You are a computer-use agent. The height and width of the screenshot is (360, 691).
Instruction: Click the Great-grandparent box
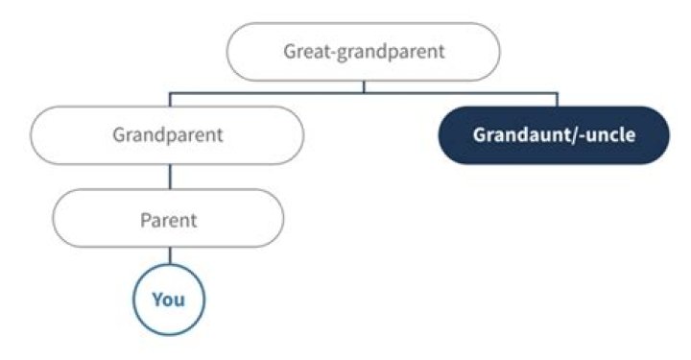click(363, 51)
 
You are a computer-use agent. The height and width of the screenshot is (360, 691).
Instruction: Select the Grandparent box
click(169, 134)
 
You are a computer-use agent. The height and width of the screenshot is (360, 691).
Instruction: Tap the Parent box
click(169, 220)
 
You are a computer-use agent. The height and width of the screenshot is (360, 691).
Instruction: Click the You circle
click(169, 299)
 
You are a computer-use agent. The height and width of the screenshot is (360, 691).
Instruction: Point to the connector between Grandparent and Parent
click(170, 177)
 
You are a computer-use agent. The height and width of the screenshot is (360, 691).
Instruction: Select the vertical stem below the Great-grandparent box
click(363, 86)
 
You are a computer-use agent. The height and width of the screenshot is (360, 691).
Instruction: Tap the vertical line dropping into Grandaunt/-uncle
click(557, 100)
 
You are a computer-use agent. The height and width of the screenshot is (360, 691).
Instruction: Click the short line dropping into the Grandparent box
click(170, 100)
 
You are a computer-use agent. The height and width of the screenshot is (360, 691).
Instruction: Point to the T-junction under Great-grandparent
click(363, 94)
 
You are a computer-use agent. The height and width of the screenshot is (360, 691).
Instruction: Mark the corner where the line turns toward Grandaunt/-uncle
click(557, 94)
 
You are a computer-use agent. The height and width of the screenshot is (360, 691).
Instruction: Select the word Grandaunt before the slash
click(520, 134)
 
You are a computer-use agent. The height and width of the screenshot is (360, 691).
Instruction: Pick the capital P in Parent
click(146, 220)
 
